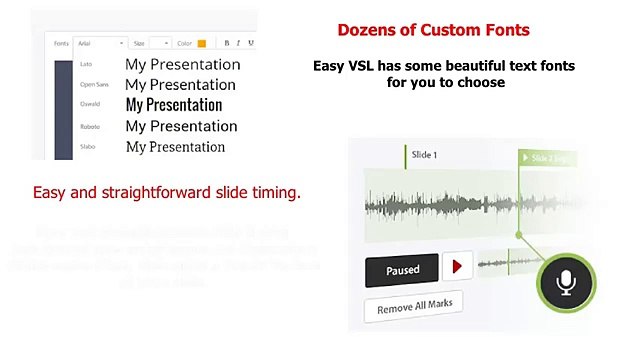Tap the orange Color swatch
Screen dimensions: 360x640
coord(201,43)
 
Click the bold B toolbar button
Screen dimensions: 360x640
coord(227,43)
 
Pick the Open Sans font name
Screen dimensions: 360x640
coord(93,85)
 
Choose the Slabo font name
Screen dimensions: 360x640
coord(88,147)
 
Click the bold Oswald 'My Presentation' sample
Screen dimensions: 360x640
coord(173,105)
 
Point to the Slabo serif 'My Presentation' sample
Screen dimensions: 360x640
coord(175,147)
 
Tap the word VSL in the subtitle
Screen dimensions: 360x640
coord(368,65)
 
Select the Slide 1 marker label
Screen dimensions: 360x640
coord(423,156)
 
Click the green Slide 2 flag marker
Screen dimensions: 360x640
coord(549,158)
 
